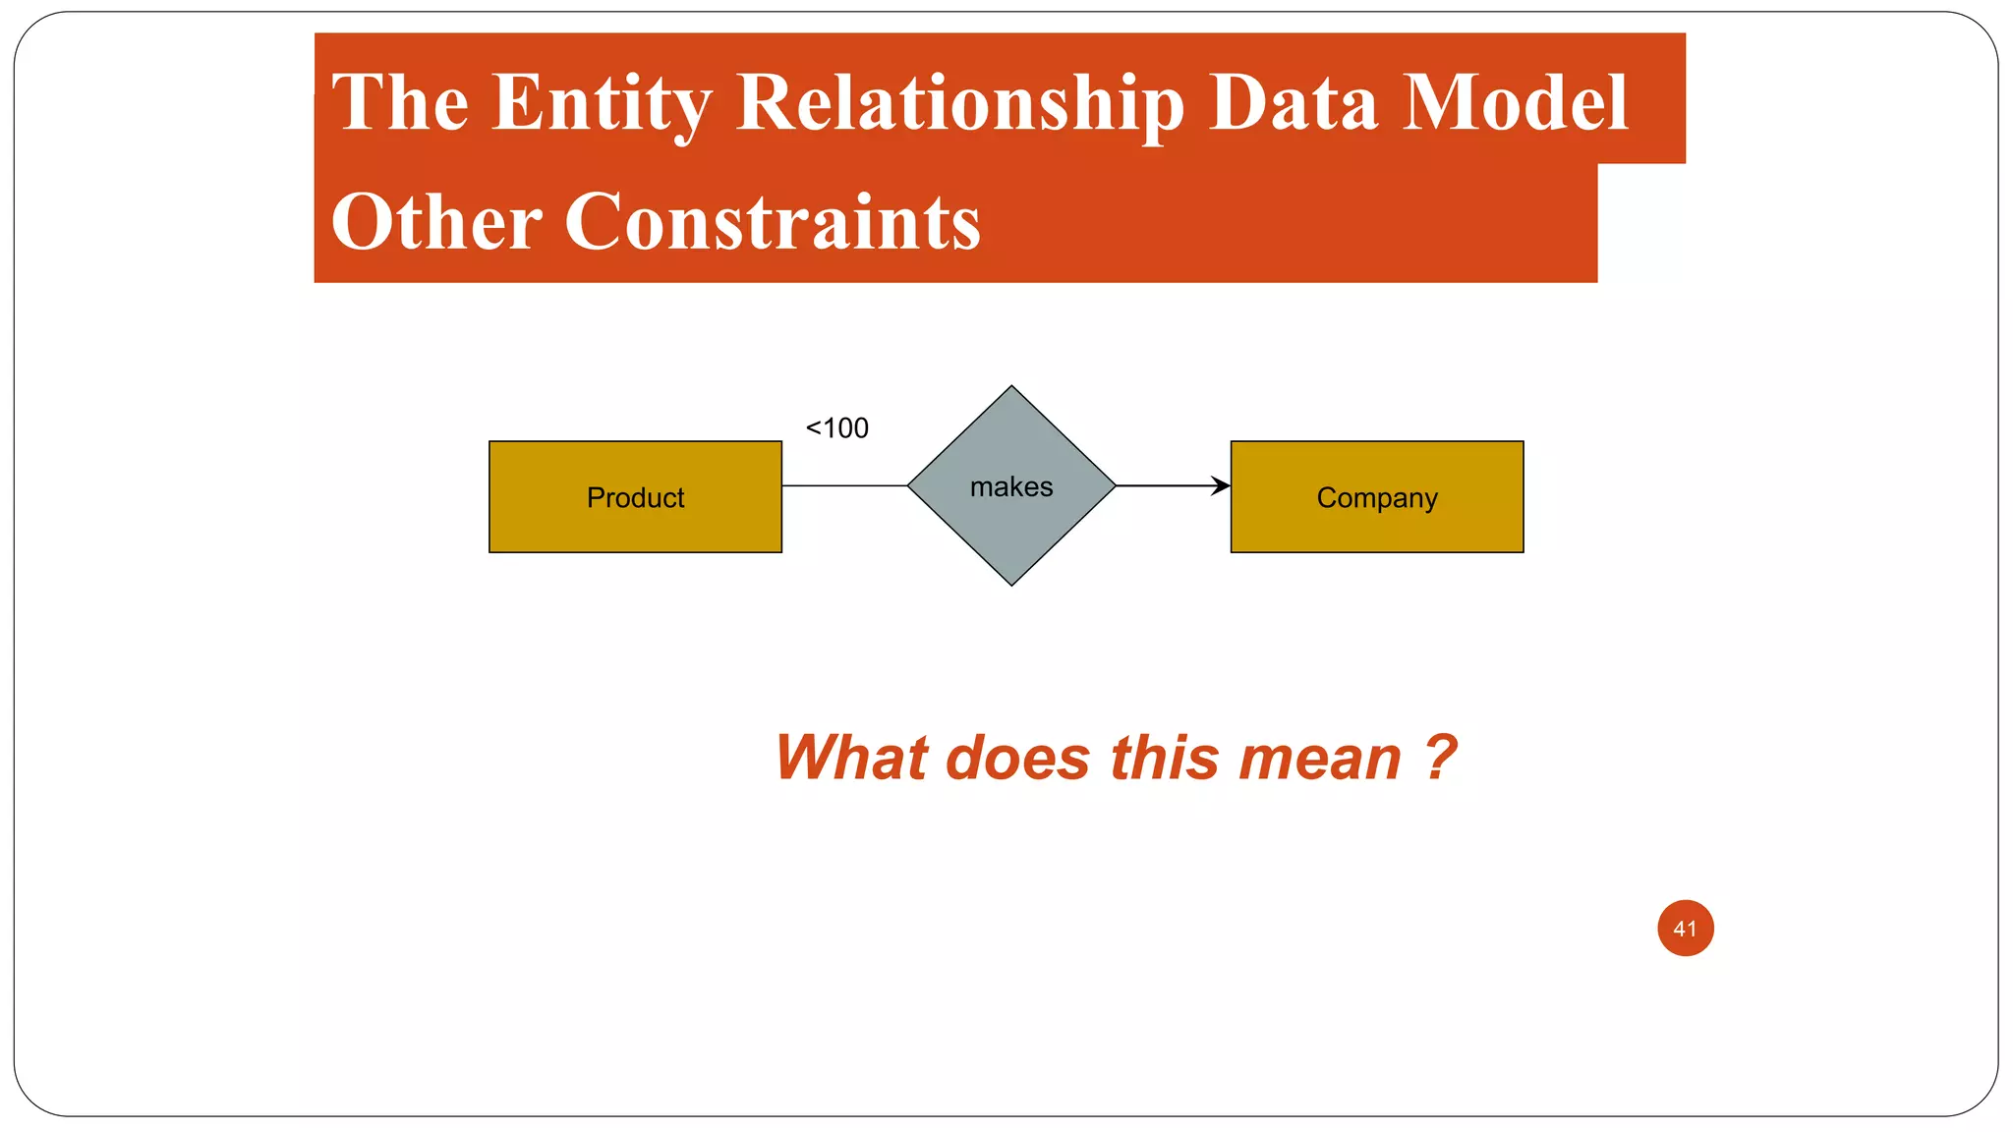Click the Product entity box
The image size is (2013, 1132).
pyautogui.click(x=635, y=497)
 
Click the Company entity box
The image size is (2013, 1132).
pyautogui.click(x=1376, y=497)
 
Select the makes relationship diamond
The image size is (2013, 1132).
pyautogui.click(x=1011, y=485)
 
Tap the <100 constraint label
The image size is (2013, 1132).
pyautogui.click(x=837, y=428)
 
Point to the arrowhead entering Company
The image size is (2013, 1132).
pyautogui.click(x=1222, y=485)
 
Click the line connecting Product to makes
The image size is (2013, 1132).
pyautogui.click(x=843, y=485)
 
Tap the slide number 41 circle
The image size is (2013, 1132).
pyautogui.click(x=1685, y=928)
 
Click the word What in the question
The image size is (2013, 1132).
pyautogui.click(x=851, y=759)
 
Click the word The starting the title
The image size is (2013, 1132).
pyautogui.click(x=400, y=102)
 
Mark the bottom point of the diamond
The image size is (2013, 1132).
pyautogui.click(x=1011, y=584)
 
